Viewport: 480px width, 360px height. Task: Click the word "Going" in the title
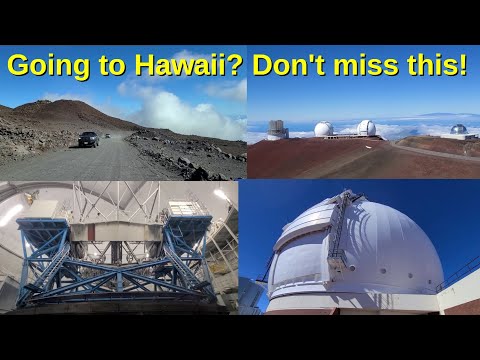(x=48, y=66)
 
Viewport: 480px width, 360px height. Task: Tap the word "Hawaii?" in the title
(x=188, y=64)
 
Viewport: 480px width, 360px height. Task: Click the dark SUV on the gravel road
(x=89, y=139)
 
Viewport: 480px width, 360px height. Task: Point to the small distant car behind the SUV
(x=107, y=136)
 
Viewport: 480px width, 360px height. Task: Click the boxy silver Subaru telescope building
(x=278, y=130)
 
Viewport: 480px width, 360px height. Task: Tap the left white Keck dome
(x=323, y=129)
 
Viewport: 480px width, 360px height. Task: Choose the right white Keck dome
(x=366, y=128)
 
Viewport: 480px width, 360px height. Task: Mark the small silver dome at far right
(x=458, y=129)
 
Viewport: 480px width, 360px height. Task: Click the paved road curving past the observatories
(x=433, y=152)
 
